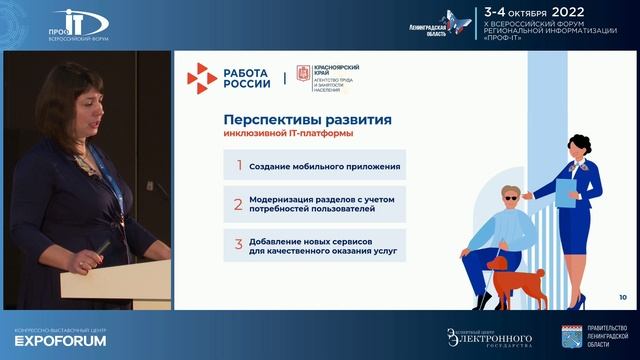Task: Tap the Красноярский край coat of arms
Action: click(302, 76)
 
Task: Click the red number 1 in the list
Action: click(238, 166)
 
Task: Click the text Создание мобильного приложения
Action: click(325, 166)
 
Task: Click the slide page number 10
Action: click(623, 297)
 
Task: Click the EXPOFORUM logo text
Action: click(41, 340)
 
